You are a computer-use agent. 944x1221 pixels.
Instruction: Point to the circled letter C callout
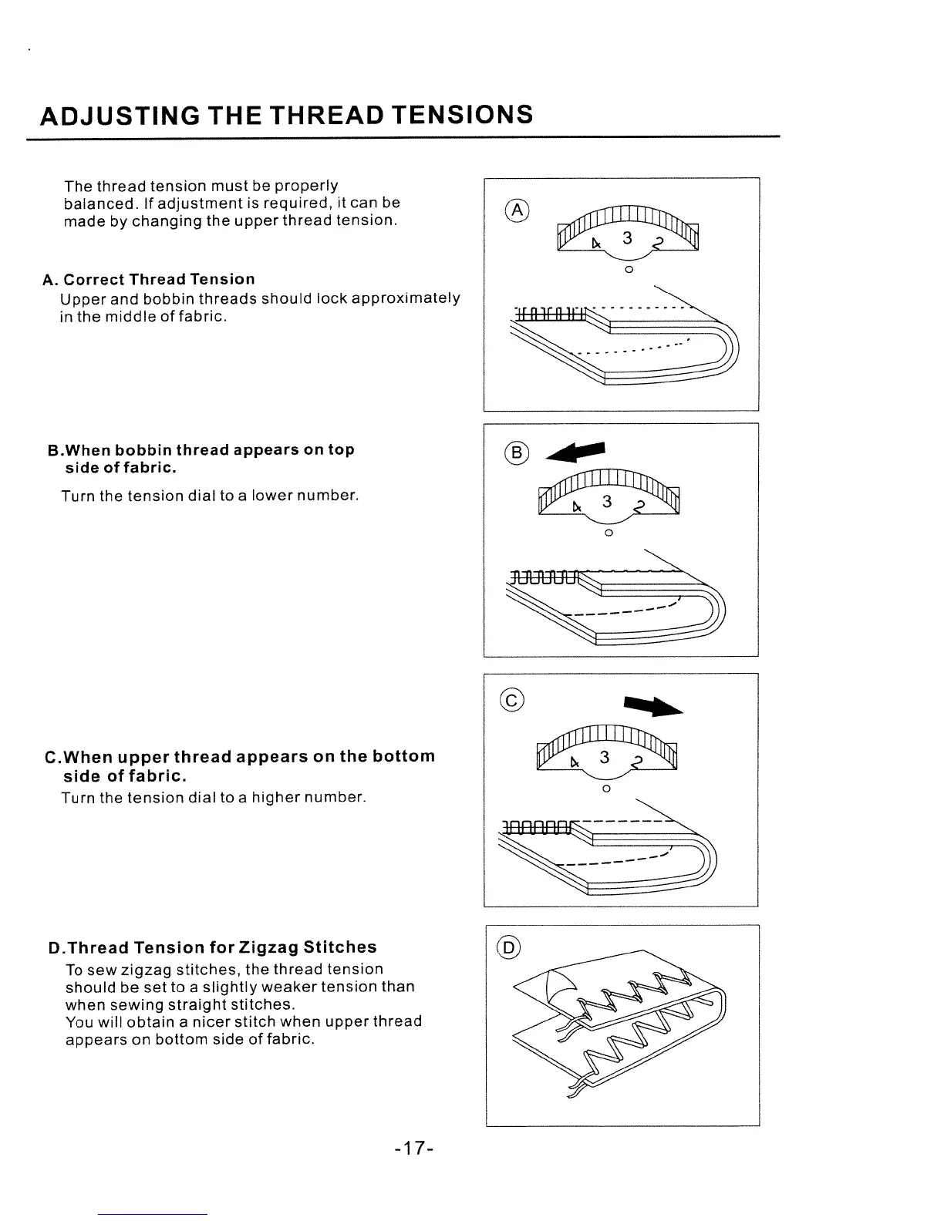point(511,701)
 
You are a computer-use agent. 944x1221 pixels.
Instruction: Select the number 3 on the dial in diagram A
point(628,238)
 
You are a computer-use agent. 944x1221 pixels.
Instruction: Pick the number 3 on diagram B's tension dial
point(607,503)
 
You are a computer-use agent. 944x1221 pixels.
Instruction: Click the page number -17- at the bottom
point(413,1149)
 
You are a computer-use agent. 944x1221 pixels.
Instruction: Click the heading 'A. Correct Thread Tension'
point(149,279)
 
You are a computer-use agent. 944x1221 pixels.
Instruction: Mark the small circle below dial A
point(629,270)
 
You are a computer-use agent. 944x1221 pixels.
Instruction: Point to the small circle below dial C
point(606,789)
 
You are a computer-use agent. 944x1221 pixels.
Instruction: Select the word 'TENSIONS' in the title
point(461,115)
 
